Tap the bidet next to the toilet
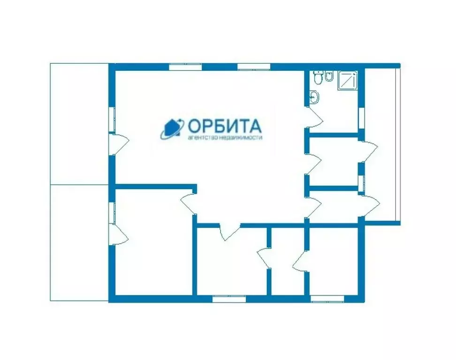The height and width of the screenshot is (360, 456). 329,76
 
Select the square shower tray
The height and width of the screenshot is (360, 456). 348,80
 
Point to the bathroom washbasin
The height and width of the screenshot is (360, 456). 314,97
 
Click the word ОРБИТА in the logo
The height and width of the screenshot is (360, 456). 224,126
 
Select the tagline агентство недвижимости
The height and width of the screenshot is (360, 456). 224,138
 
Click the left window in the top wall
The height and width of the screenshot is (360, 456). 185,67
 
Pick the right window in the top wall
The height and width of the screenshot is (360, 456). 254,67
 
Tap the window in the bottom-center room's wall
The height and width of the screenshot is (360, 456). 228,299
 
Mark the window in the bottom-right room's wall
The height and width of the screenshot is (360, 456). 327,299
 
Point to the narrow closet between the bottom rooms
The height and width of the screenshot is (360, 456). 288,262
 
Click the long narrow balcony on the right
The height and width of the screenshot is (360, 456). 381,145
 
